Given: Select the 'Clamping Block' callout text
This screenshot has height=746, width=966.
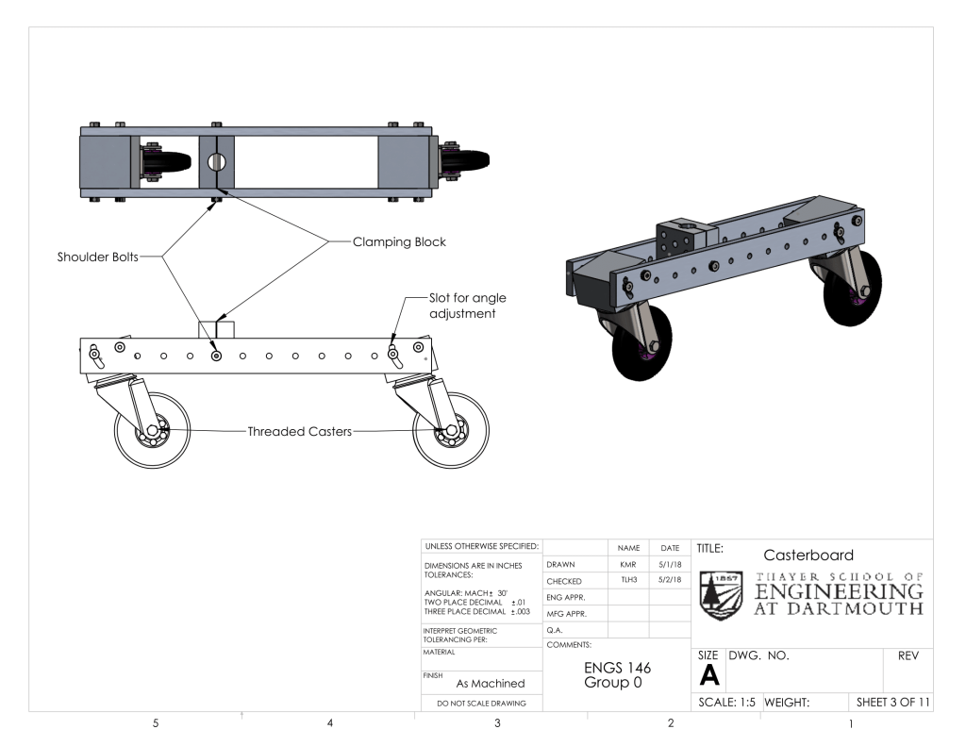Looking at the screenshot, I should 399,242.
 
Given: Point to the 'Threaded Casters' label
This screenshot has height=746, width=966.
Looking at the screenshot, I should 300,432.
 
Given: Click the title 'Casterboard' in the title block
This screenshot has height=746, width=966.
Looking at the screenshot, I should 808,555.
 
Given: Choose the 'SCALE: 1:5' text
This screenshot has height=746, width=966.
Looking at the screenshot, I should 726,703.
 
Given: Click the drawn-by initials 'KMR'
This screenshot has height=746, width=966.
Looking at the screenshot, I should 628,564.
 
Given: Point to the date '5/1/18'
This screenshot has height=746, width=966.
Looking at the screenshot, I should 670,564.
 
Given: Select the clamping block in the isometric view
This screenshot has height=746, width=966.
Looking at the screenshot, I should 681,235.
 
